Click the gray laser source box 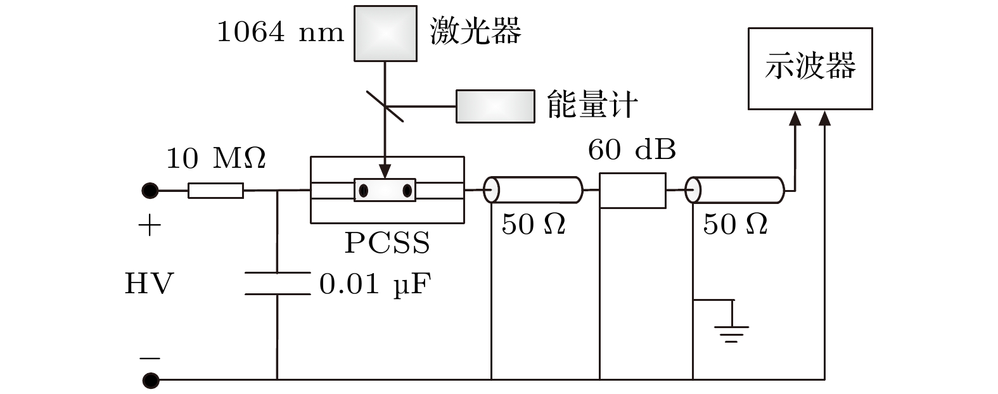point(385,34)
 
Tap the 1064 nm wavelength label point(280,32)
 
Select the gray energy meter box point(494,106)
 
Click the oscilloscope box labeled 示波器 point(810,68)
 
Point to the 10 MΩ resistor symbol point(215,190)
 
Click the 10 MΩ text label point(215,158)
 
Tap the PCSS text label point(387,243)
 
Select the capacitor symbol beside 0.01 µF point(278,284)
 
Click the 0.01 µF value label point(374,284)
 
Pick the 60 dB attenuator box point(632,190)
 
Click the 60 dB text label point(632,150)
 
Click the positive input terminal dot point(150,190)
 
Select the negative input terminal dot point(150,380)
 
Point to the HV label point(149,284)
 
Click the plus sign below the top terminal point(150,226)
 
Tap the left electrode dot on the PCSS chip point(364,190)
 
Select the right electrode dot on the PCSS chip point(407,190)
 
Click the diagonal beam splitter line point(385,105)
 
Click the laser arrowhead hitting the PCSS point(385,172)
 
